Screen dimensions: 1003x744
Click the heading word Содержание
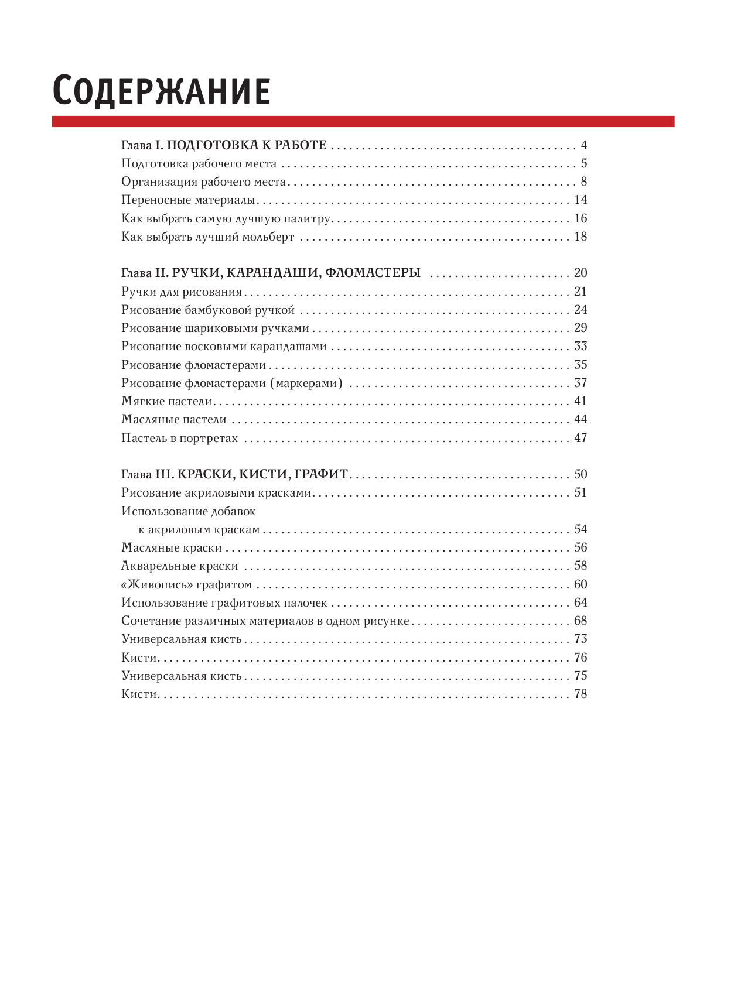[x=161, y=91]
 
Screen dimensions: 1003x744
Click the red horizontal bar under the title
[x=363, y=121]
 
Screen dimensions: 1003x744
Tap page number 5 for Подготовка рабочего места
[x=583, y=163]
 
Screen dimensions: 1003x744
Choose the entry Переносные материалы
[x=188, y=200]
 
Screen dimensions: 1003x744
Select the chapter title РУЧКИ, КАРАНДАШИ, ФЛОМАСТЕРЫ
[x=296, y=273]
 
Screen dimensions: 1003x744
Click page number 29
[x=580, y=328]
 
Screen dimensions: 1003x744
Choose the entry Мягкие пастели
[x=166, y=402]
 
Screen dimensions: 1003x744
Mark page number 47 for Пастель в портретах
[x=580, y=438]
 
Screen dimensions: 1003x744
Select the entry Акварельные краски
[x=179, y=566]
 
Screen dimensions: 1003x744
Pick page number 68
[x=580, y=621]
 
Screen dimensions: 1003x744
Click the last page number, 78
[x=580, y=694]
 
